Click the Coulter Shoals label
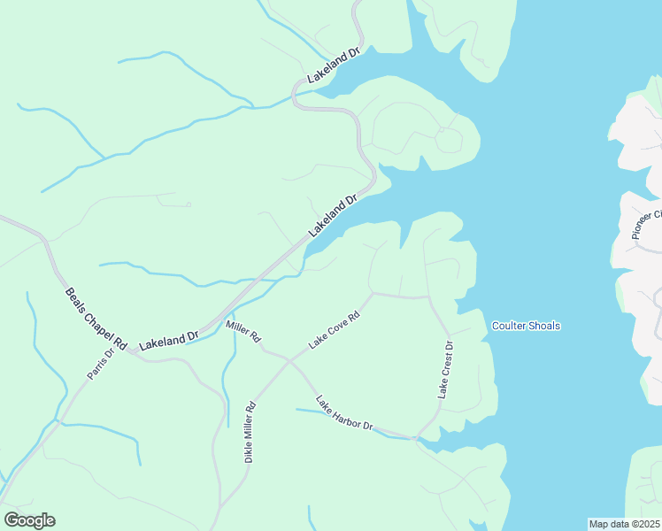pos(526,326)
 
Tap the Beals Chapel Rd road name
pos(96,317)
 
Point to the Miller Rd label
pos(243,332)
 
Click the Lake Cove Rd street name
pos(335,329)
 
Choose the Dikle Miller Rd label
pos(250,432)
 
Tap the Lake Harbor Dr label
pos(344,413)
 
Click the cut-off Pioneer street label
pos(647,226)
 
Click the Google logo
pos(29,520)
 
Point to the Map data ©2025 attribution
pos(625,524)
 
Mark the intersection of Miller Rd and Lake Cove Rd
pos(288,358)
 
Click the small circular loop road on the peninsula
pos(448,140)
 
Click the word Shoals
pos(543,326)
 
